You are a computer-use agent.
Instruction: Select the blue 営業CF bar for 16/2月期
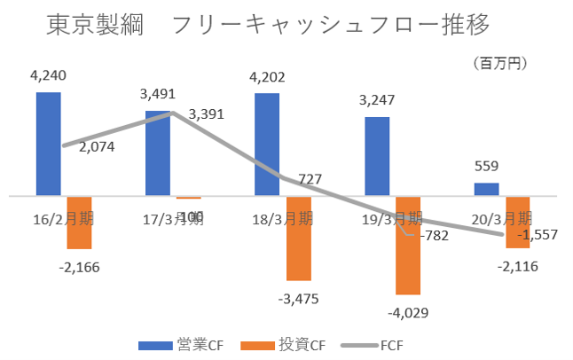pos(49,143)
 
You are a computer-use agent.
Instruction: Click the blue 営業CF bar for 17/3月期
pos(158,153)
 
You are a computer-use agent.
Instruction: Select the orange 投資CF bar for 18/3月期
pos(299,238)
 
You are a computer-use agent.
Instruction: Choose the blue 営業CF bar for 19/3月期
pos(377,155)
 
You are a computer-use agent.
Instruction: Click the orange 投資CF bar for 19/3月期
pos(408,245)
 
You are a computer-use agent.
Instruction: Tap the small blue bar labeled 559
pos(486,189)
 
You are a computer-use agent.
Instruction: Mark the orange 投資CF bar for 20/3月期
pos(518,222)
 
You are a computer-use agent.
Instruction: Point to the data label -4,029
pos(407,311)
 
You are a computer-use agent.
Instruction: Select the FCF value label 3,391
pos(207,113)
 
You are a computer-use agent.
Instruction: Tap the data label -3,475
pos(298,298)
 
